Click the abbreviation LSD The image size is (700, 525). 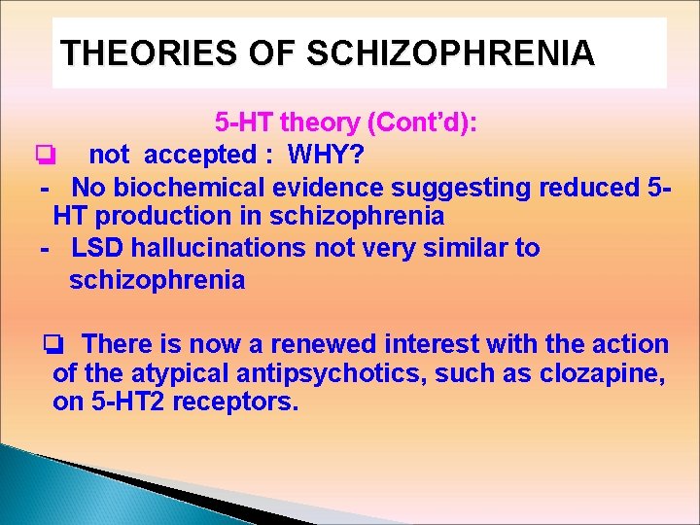pos(97,248)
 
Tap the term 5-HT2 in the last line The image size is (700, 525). pos(123,402)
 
